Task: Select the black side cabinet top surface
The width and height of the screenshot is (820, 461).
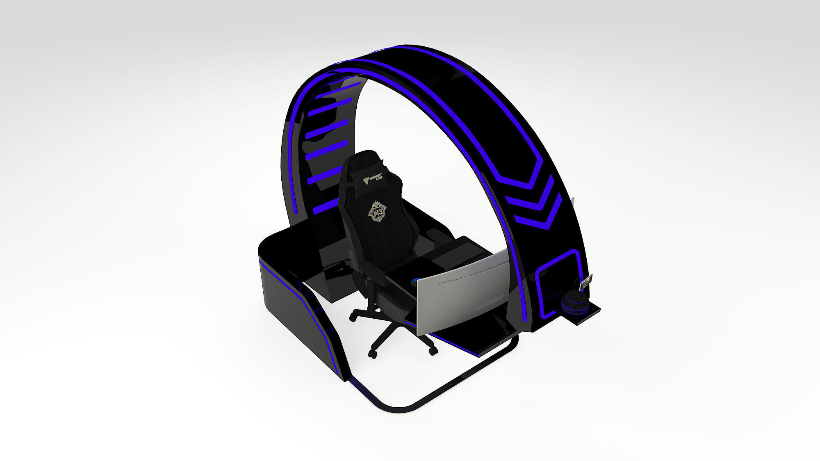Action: [287, 246]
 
